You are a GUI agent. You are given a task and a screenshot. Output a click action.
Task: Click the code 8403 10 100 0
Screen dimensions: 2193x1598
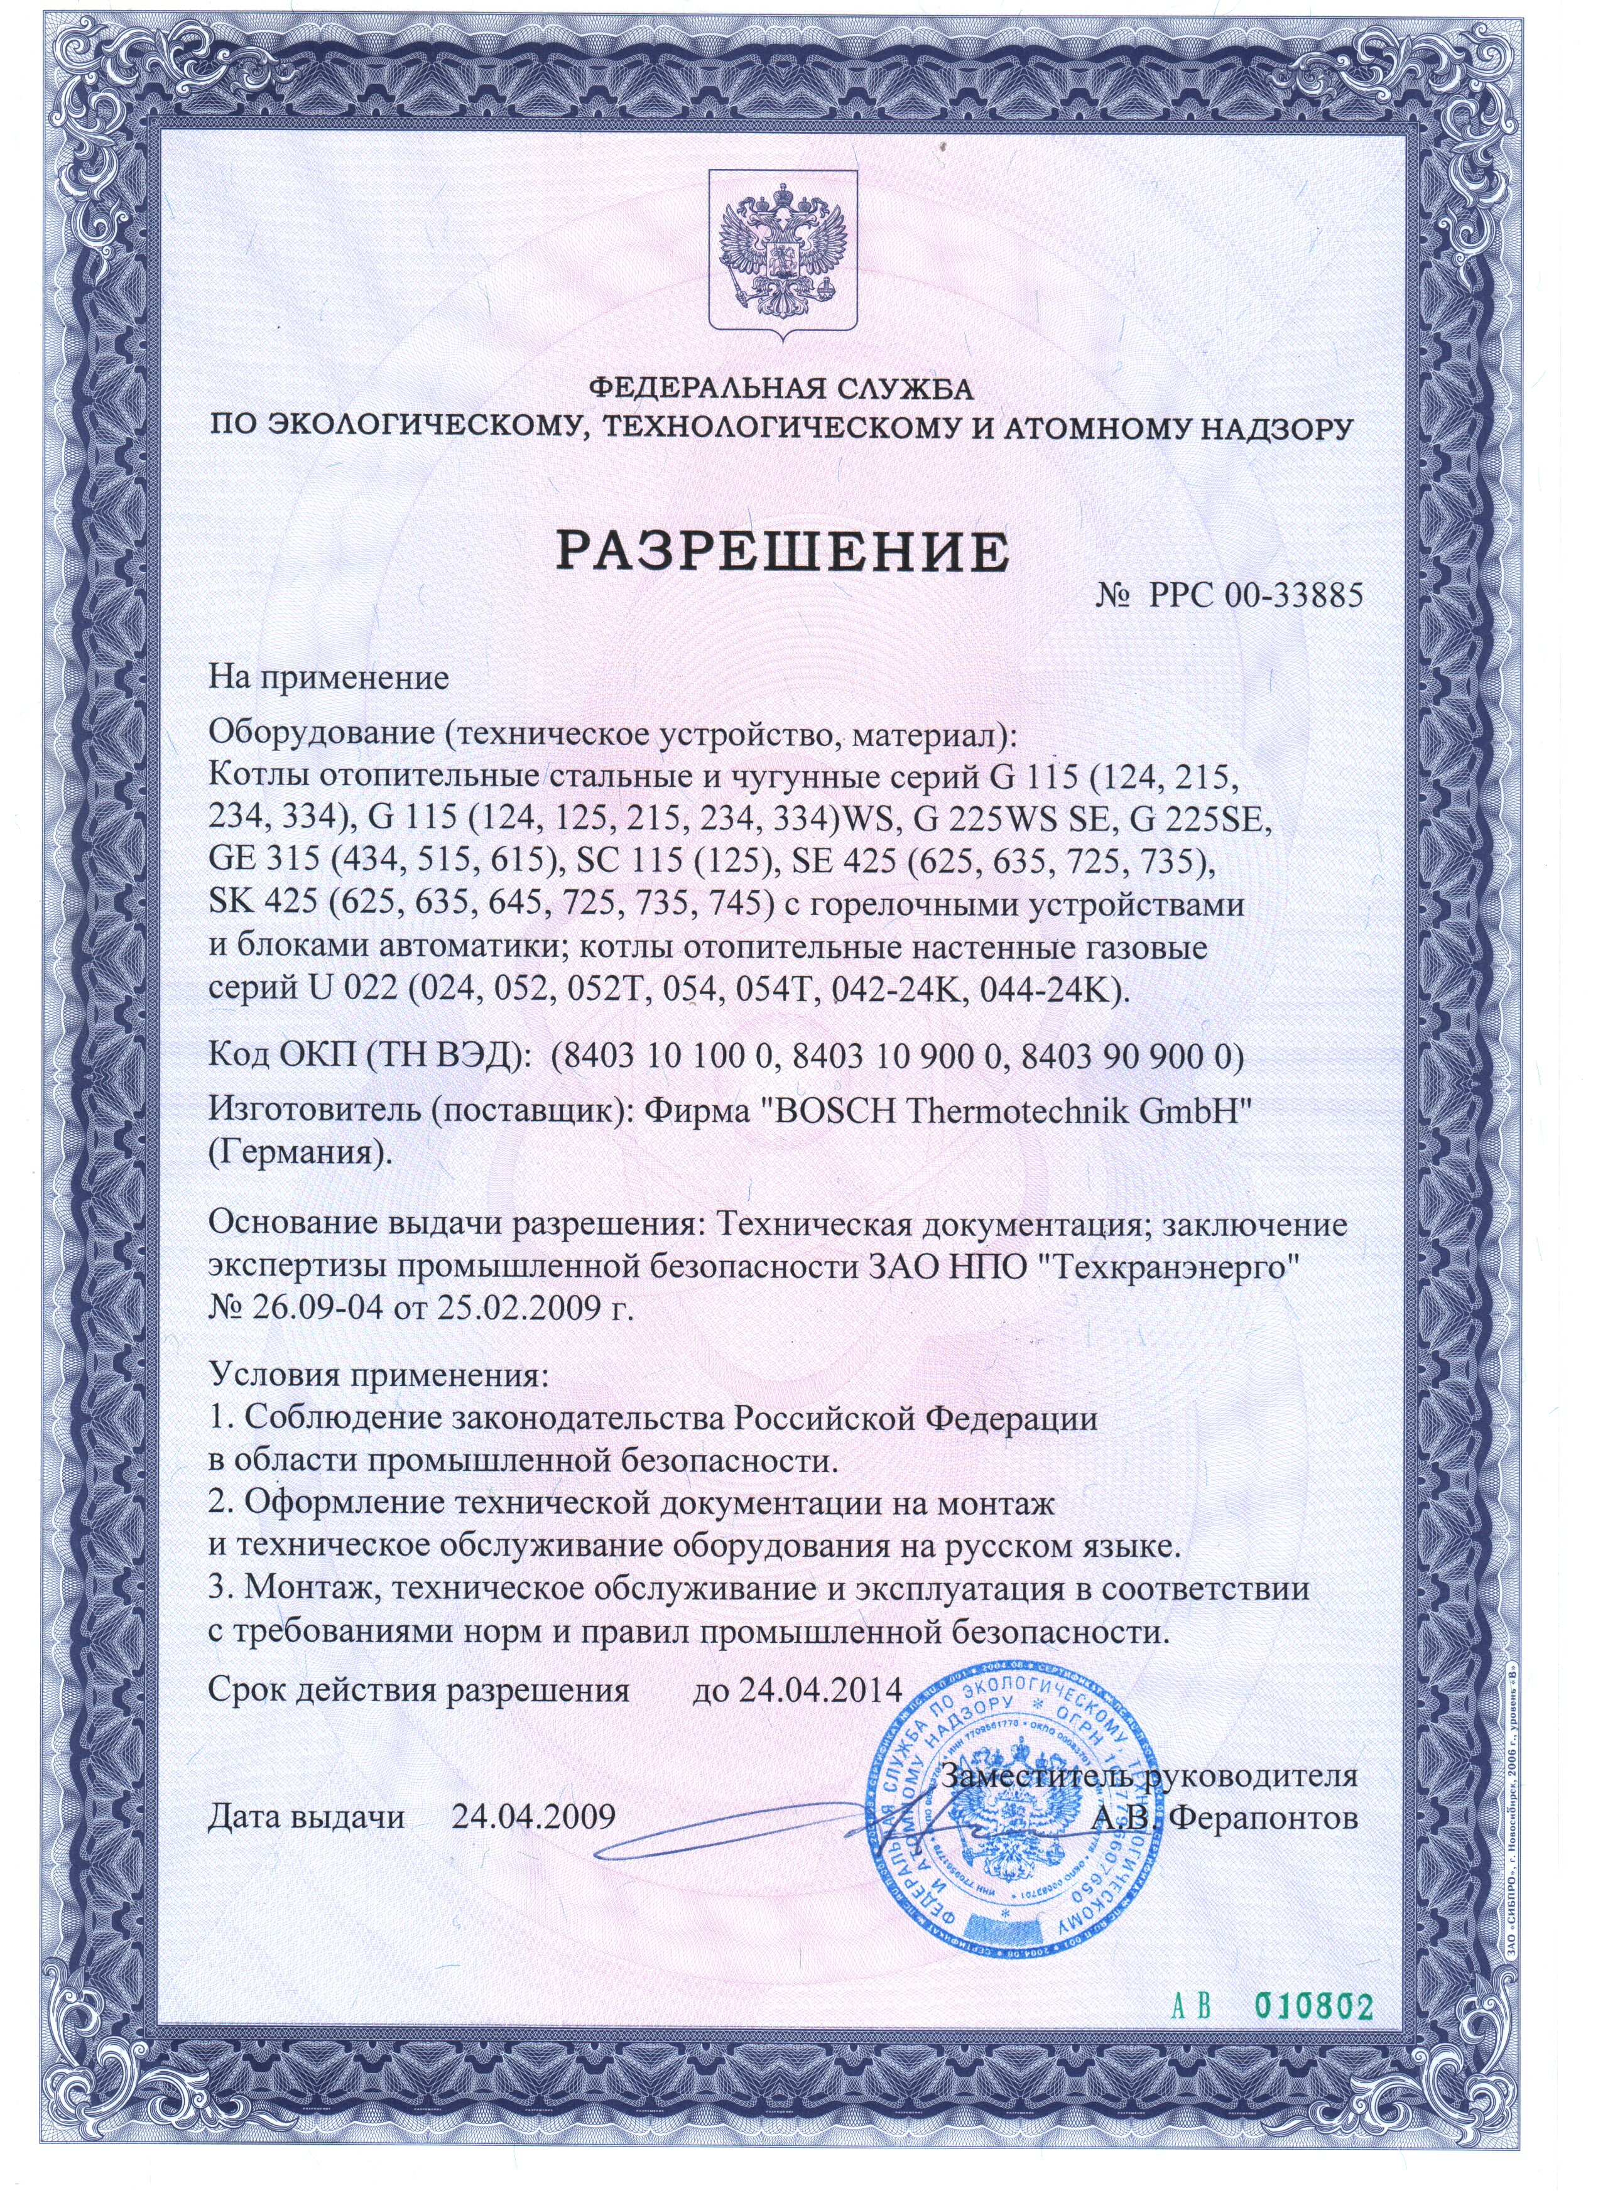click(666, 1058)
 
